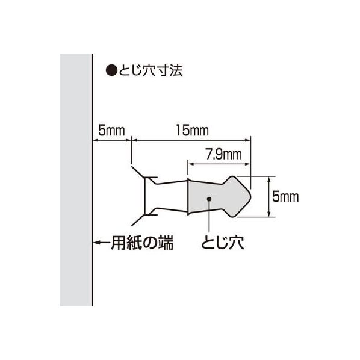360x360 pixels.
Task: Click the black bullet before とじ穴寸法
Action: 111,70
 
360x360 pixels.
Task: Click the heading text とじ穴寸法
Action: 151,70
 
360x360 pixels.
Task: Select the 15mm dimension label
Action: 193,131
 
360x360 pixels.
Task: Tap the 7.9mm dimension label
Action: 223,154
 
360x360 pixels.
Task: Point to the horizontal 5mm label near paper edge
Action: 111,131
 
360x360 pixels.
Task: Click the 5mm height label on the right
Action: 285,197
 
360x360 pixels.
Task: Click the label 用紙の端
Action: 142,243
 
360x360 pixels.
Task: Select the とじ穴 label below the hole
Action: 223,243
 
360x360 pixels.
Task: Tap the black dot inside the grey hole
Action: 209,199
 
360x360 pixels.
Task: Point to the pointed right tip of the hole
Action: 250,196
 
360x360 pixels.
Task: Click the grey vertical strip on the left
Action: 76,180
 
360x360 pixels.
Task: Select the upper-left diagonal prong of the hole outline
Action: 138,172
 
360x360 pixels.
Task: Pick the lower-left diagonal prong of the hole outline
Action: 138,220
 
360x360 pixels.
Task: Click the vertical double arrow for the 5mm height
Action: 269,196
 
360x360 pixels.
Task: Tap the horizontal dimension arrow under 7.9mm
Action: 219,164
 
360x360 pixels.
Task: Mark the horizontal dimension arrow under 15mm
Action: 191,140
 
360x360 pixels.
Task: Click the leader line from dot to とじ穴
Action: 209,216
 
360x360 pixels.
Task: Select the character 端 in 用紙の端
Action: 166,243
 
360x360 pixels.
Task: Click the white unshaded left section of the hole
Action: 166,196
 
